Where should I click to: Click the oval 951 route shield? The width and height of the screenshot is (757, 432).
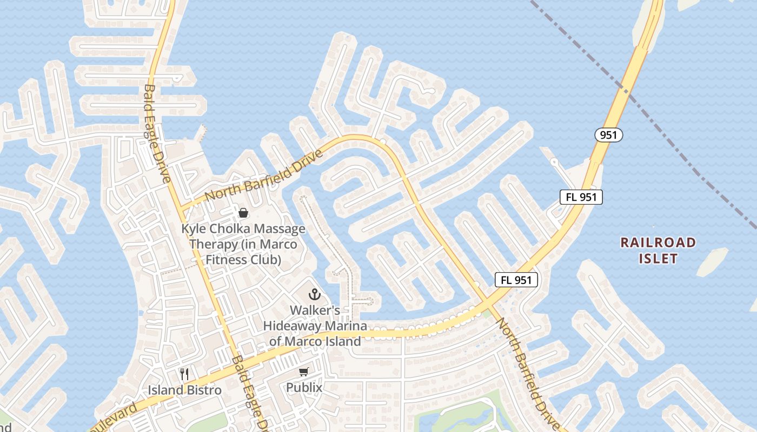tap(609, 135)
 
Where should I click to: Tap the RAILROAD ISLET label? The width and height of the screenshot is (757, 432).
tap(658, 250)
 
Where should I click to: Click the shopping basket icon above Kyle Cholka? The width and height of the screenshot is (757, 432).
tap(243, 213)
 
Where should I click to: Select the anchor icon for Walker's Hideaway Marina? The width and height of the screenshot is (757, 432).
tap(314, 295)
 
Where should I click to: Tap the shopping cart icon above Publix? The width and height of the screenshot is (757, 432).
tap(304, 372)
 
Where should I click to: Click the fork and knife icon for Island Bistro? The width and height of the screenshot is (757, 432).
tap(184, 374)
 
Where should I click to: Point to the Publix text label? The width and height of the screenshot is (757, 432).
tap(304, 388)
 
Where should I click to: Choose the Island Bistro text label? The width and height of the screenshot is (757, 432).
tap(184, 390)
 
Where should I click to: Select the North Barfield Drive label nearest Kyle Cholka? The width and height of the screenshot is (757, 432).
tap(264, 175)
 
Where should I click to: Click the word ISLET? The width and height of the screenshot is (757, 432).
tap(658, 259)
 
